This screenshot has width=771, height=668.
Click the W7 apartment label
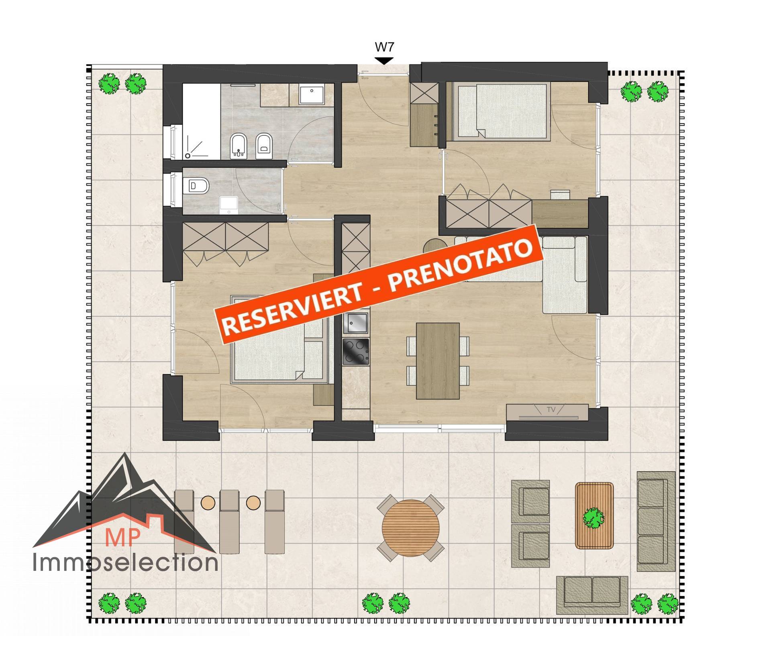tap(384, 47)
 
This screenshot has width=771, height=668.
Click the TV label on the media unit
tap(551, 410)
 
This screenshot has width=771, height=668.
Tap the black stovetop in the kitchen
tap(355, 351)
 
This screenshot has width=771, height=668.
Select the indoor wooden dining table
tap(438, 360)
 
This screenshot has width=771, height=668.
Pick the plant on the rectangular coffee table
tap(594, 517)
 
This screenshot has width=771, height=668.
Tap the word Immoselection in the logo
tap(125, 562)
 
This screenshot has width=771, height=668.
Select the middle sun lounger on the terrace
tap(230, 521)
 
